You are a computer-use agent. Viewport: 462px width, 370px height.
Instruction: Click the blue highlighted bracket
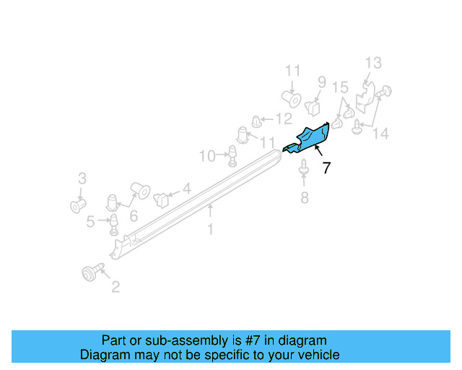coord(309,138)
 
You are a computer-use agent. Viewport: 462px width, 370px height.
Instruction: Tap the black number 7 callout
coord(326,168)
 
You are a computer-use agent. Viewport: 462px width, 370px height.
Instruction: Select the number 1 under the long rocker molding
coord(210,230)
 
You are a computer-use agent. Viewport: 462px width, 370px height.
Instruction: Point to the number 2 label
coord(115,288)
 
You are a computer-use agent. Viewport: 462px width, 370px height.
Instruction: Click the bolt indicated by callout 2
coord(90,272)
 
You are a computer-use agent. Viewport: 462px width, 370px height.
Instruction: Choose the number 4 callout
coord(186,189)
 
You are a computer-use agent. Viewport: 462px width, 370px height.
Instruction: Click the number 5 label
coord(90,222)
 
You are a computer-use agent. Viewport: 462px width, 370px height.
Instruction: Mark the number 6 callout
coord(134,215)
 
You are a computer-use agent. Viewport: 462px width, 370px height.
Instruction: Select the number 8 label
coord(305,197)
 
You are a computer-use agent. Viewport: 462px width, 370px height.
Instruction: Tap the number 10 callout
coord(206,155)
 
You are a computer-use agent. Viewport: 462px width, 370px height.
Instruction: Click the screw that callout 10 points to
coord(232,155)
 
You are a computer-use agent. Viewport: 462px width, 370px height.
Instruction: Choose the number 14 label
coord(380,133)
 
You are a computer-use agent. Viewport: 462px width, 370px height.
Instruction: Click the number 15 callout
coord(340,88)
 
